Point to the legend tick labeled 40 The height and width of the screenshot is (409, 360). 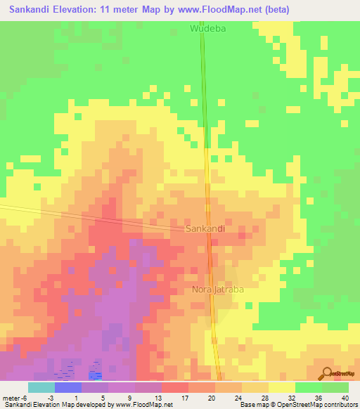[x=345, y=398]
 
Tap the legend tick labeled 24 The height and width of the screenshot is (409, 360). [x=238, y=398]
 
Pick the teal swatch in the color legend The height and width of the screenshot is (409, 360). [x=41, y=387]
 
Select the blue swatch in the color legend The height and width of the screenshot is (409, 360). [x=68, y=387]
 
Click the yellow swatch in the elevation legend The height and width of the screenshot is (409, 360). [x=281, y=387]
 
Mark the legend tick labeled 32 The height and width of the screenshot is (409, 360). [x=292, y=398]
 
